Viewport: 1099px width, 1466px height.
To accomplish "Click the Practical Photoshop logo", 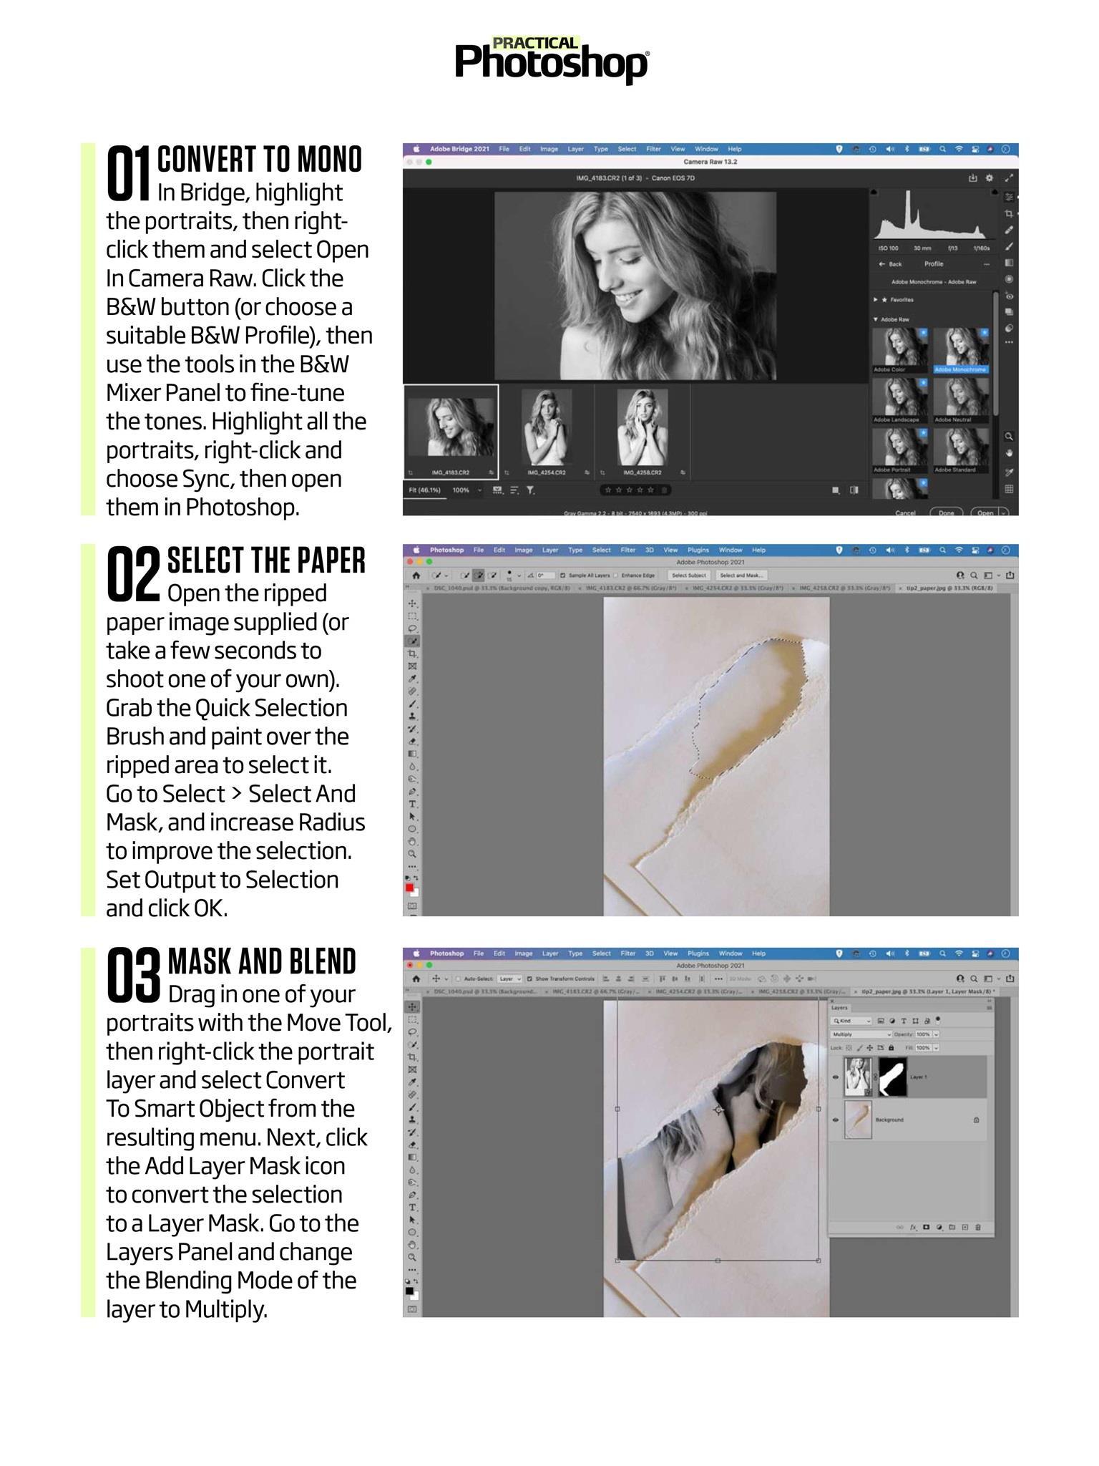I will tap(552, 60).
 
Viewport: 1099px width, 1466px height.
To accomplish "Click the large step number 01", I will tap(129, 173).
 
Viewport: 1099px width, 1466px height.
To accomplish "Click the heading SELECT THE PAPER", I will tap(266, 560).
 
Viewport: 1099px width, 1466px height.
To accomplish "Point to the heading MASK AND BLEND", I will tap(262, 961).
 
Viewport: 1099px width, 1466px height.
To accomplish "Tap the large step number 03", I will tap(134, 974).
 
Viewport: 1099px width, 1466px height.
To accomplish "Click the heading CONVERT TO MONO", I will tap(260, 160).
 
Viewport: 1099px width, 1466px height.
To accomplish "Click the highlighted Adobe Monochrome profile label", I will tap(960, 370).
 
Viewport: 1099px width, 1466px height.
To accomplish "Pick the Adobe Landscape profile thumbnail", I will tap(899, 396).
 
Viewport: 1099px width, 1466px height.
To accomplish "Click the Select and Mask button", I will tap(741, 576).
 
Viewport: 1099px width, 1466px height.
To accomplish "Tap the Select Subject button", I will tap(689, 576).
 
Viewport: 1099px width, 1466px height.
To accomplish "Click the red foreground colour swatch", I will tap(409, 888).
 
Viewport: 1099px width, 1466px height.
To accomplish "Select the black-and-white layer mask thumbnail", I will tap(892, 1077).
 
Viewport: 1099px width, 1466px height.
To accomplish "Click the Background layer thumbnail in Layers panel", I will tap(858, 1120).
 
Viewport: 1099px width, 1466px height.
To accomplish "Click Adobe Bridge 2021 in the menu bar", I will tap(459, 149).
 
